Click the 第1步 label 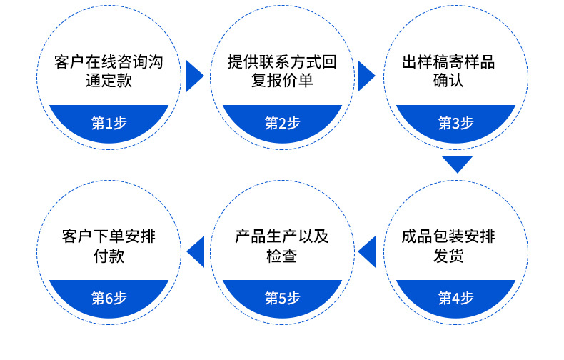pos(109,124)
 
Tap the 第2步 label pos(282,124)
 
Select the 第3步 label pos(455,124)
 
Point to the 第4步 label pos(455,298)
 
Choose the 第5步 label pos(282,298)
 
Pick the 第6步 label pos(109,298)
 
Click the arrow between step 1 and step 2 pos(195,76)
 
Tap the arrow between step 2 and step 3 pos(366,76)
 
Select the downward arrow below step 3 pos(457,164)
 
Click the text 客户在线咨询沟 pos(109,62)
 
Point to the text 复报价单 pos(282,81)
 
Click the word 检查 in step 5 pos(282,256)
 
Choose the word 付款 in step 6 pos(109,256)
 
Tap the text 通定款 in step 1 pos(109,81)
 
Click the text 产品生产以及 pos(282,236)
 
